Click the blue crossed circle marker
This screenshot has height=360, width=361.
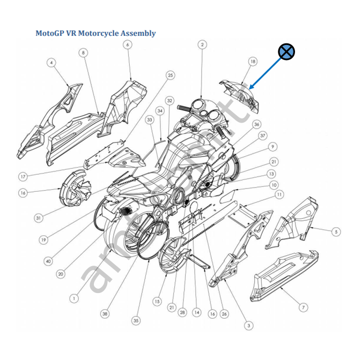tap(286, 51)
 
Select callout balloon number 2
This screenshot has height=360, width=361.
tap(202, 44)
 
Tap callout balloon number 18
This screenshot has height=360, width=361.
tap(252, 62)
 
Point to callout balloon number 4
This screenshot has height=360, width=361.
tap(51, 63)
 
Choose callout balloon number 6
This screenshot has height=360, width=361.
tap(128, 44)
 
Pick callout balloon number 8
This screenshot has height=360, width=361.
tap(83, 52)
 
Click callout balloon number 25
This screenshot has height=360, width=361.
tap(171, 76)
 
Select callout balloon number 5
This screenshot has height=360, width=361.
tap(336, 232)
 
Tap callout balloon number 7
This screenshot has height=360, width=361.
tap(304, 307)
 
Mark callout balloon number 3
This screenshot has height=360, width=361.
tap(248, 325)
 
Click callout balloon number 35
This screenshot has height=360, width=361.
tap(136, 320)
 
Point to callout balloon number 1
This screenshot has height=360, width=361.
tap(75, 298)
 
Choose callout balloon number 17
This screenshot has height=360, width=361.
tap(23, 176)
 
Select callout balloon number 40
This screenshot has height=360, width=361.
tap(48, 261)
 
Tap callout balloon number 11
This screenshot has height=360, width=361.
tap(279, 194)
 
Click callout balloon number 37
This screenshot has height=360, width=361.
tap(263, 136)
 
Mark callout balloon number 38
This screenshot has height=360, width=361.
tap(105, 313)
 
